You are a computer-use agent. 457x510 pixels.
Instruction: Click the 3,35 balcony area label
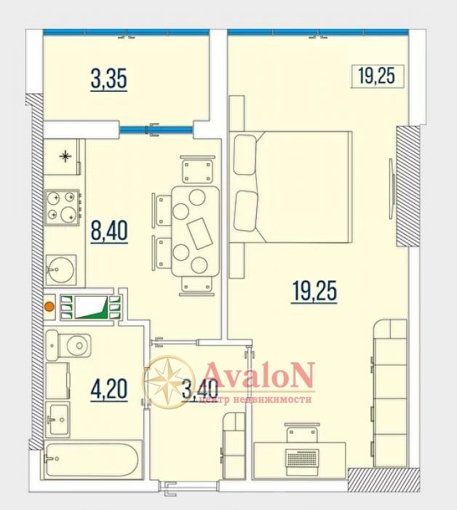109,79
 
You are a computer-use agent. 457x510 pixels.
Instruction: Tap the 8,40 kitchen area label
109,231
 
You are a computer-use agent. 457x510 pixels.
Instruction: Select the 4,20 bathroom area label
109,389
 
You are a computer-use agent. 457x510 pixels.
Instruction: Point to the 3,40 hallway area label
199,390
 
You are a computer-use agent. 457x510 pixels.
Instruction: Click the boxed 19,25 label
377,76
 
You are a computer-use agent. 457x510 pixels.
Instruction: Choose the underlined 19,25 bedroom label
314,291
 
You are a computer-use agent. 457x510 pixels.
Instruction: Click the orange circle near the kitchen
49,307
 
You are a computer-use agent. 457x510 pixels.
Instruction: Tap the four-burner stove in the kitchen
63,207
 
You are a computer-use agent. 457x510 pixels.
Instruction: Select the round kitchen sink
60,270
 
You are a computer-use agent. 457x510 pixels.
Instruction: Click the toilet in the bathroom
68,345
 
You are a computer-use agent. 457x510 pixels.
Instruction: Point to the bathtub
93,460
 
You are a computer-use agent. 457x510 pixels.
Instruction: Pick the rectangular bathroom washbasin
57,419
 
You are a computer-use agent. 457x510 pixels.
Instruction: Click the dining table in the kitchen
196,231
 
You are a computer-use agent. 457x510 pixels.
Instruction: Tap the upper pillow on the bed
245,155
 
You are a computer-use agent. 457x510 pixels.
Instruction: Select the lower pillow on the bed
246,211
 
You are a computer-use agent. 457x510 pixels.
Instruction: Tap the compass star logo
169,382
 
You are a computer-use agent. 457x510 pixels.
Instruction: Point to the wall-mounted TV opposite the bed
392,189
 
